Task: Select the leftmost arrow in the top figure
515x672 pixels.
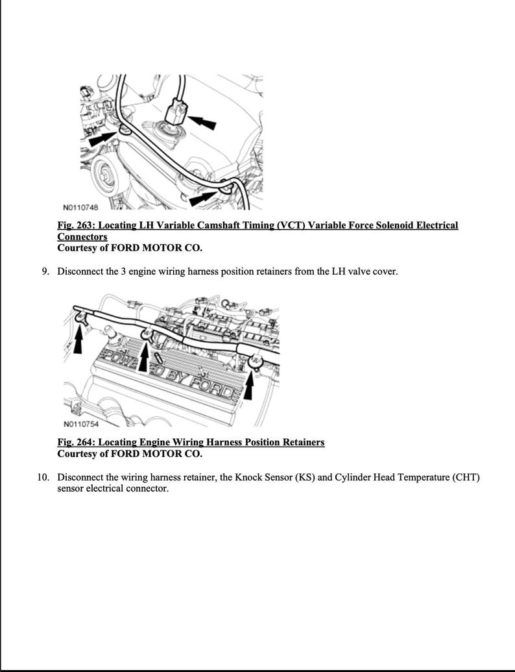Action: [104, 138]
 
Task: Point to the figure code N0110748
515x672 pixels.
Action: [80, 208]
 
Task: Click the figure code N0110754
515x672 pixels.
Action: [80, 425]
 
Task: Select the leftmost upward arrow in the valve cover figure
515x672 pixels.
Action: [79, 338]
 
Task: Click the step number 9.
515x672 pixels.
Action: [45, 271]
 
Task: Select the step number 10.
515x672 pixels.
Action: [43, 478]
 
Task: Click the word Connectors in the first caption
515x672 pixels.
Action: [82, 237]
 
